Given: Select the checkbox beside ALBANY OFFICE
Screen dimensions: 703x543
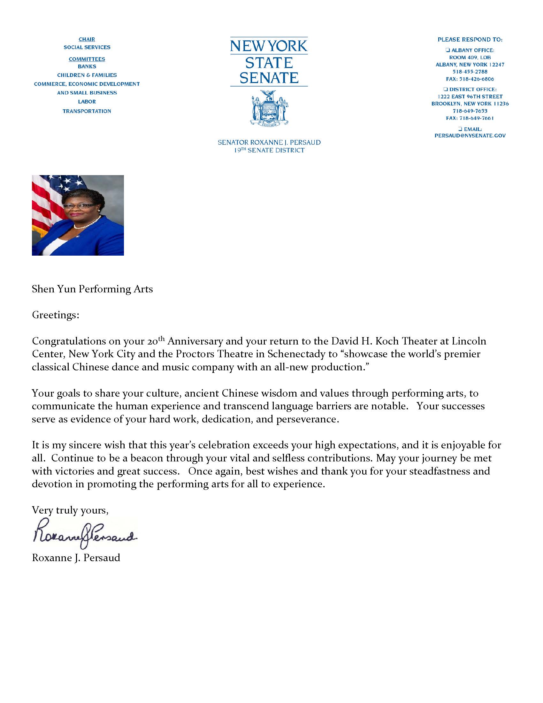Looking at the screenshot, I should pyautogui.click(x=447, y=50).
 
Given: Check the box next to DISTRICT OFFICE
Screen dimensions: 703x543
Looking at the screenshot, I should pyautogui.click(x=446, y=89).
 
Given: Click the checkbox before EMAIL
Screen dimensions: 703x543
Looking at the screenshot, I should pyautogui.click(x=460, y=129).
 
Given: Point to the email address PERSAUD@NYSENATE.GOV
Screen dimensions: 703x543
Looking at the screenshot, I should pyautogui.click(x=470, y=136).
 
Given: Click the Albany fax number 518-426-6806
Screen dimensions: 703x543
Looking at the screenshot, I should pyautogui.click(x=470, y=79).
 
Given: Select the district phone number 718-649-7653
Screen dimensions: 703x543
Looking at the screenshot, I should pyautogui.click(x=470, y=111).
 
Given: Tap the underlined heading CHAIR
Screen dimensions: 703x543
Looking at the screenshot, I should pyautogui.click(x=87, y=40).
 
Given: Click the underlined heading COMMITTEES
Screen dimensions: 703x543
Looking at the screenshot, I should pyautogui.click(x=87, y=59).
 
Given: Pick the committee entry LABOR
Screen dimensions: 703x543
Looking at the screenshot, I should pyautogui.click(x=87, y=102).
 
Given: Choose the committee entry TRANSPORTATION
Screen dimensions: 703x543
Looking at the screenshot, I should pyautogui.click(x=87, y=112).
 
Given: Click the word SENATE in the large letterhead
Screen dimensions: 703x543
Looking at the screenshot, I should pyautogui.click(x=269, y=78).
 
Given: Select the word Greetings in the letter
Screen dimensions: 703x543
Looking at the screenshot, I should pyautogui.click(x=55, y=315).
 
